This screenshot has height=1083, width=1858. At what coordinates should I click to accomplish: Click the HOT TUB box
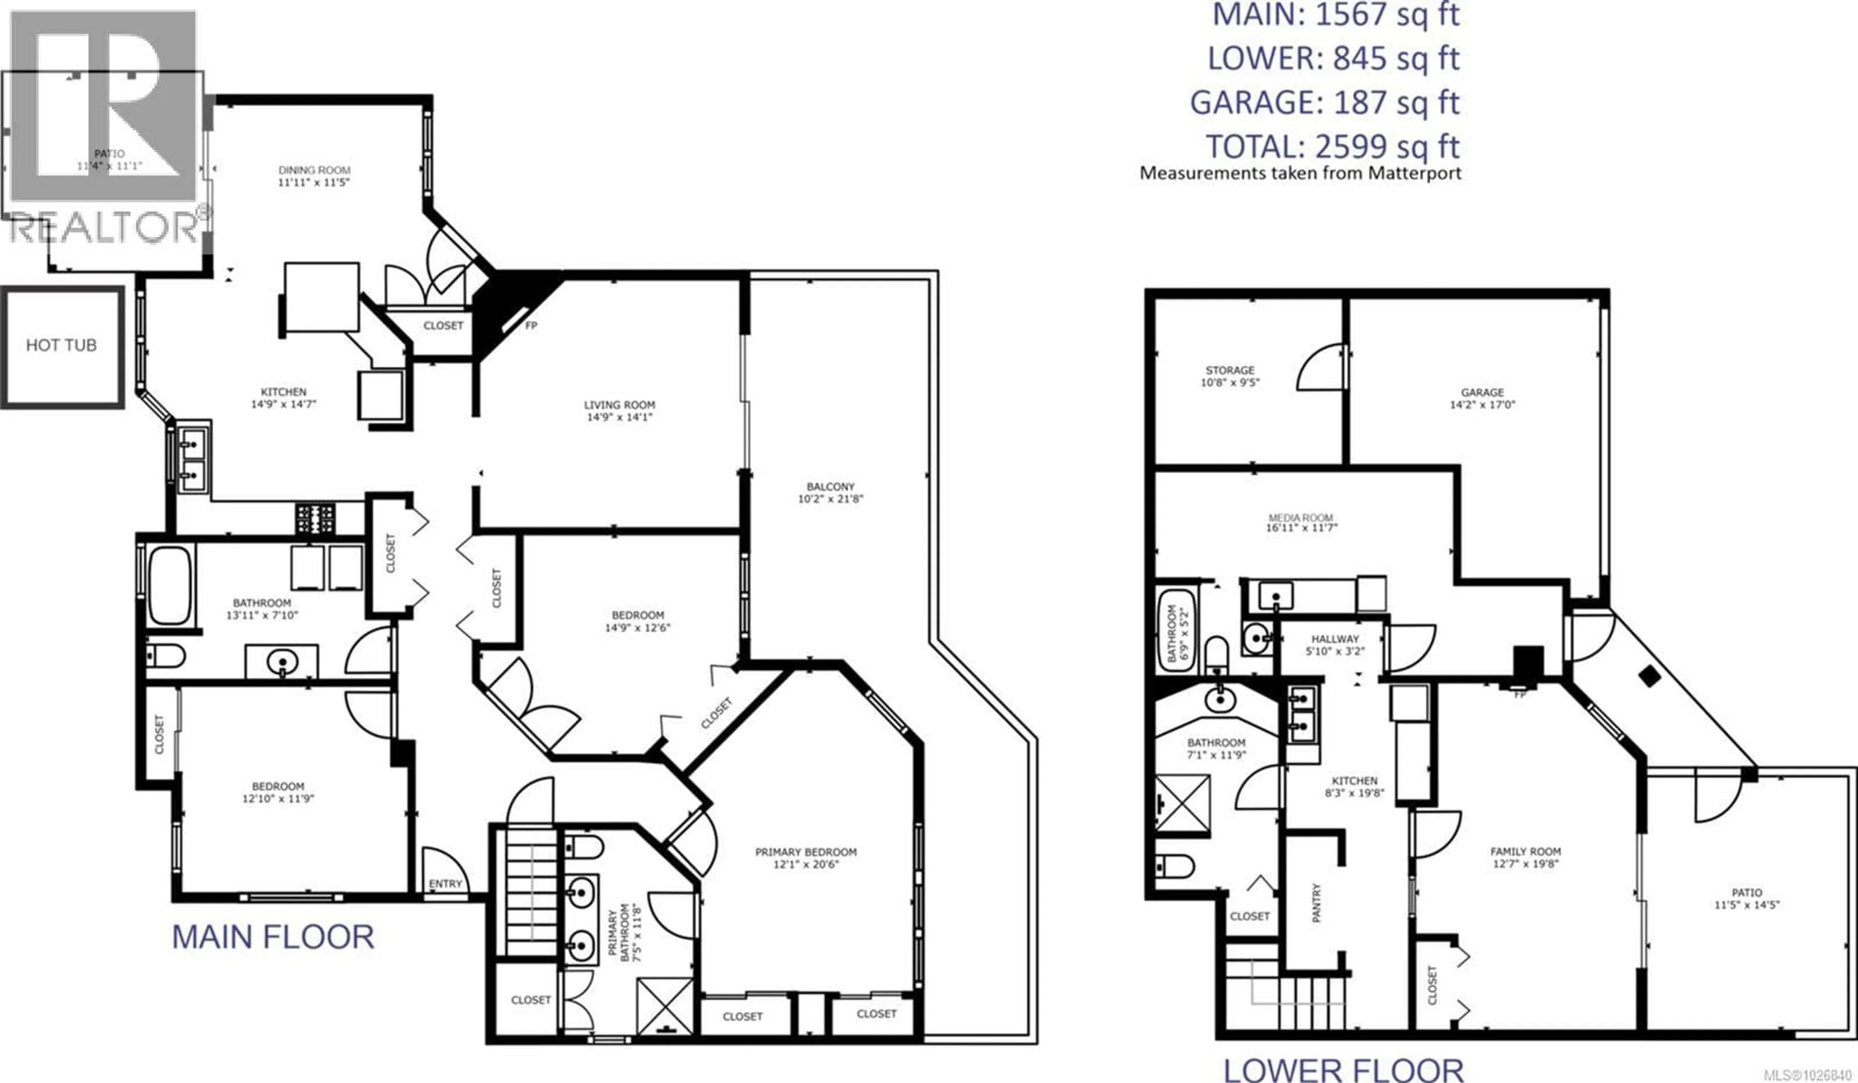(x=62, y=346)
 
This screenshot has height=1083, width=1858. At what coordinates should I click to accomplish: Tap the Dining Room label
(x=314, y=176)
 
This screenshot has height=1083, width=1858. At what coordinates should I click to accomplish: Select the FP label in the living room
(x=531, y=325)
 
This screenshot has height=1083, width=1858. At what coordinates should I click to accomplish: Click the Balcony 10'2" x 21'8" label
(x=830, y=492)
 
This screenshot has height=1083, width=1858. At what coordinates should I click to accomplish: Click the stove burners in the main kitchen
(x=315, y=518)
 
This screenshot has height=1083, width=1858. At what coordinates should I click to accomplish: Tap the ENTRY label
(x=445, y=883)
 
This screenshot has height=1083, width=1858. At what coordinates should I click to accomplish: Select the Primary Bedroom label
(x=806, y=858)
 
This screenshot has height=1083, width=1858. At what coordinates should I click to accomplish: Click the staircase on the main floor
(x=531, y=892)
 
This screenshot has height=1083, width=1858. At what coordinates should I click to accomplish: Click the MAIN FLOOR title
(x=273, y=937)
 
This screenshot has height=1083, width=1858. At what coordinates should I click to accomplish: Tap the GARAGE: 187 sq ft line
(x=1324, y=103)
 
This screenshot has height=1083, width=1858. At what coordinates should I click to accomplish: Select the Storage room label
(x=1230, y=376)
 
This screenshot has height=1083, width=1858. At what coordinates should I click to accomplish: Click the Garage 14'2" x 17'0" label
(x=1482, y=398)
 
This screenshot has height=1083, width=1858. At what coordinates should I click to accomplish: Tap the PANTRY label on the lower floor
(x=1317, y=903)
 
